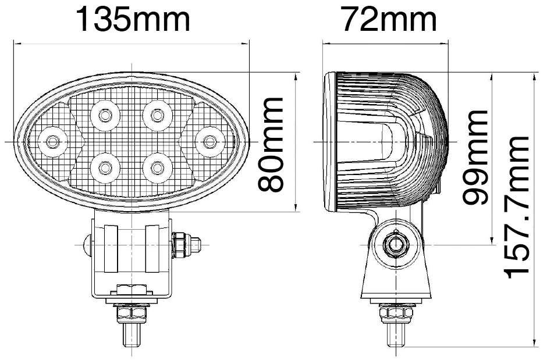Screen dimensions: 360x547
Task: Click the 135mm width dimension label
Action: [133, 20]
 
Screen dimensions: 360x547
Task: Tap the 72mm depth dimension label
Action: [389, 20]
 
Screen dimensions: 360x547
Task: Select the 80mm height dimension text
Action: [271, 145]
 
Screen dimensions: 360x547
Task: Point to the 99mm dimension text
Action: [474, 157]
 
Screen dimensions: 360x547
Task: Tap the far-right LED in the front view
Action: [208, 140]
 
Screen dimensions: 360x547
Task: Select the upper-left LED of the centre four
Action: [105, 115]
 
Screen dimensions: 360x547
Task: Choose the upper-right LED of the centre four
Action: [156, 115]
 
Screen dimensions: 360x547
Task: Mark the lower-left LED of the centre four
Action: [105, 167]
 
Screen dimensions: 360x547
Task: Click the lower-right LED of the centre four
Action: [156, 167]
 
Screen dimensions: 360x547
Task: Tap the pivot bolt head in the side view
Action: [396, 244]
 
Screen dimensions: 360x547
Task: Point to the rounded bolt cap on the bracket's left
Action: [87, 244]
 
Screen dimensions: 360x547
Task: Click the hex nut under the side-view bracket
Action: [396, 314]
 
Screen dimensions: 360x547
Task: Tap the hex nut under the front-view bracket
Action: [133, 314]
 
